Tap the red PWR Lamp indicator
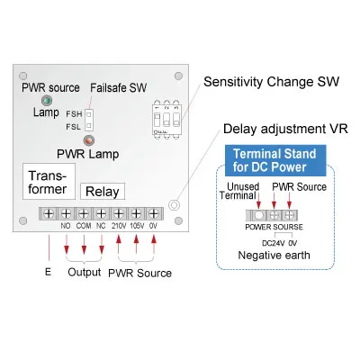coord(88,141)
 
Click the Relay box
coord(102,191)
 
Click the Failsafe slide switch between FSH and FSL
coord(90,120)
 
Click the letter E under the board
coord(47,270)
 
